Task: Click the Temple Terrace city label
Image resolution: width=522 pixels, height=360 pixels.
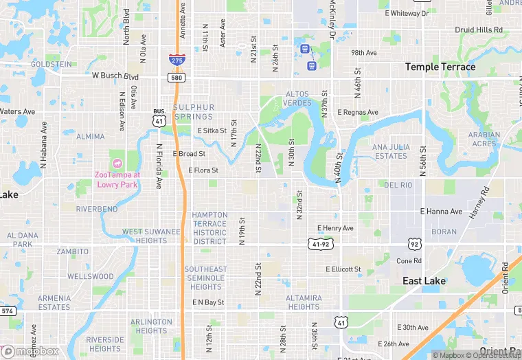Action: click(x=440, y=67)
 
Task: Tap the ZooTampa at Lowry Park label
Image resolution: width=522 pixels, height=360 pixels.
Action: click(x=117, y=179)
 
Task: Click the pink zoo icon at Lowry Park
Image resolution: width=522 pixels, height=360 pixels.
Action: click(x=117, y=163)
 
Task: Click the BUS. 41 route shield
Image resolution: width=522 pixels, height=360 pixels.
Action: click(x=159, y=117)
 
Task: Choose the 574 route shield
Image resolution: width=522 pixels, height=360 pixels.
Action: click(x=8, y=311)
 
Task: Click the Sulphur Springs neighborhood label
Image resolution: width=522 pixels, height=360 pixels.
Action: click(x=194, y=112)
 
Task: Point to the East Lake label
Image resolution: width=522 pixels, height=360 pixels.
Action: click(x=424, y=281)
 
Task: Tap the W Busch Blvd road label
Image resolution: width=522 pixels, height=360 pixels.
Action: click(x=115, y=77)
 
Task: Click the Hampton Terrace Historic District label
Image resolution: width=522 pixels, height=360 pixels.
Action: click(x=209, y=228)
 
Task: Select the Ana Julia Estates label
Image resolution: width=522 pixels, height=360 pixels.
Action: click(x=390, y=152)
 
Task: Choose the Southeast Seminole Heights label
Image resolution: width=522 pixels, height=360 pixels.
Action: click(x=206, y=278)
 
